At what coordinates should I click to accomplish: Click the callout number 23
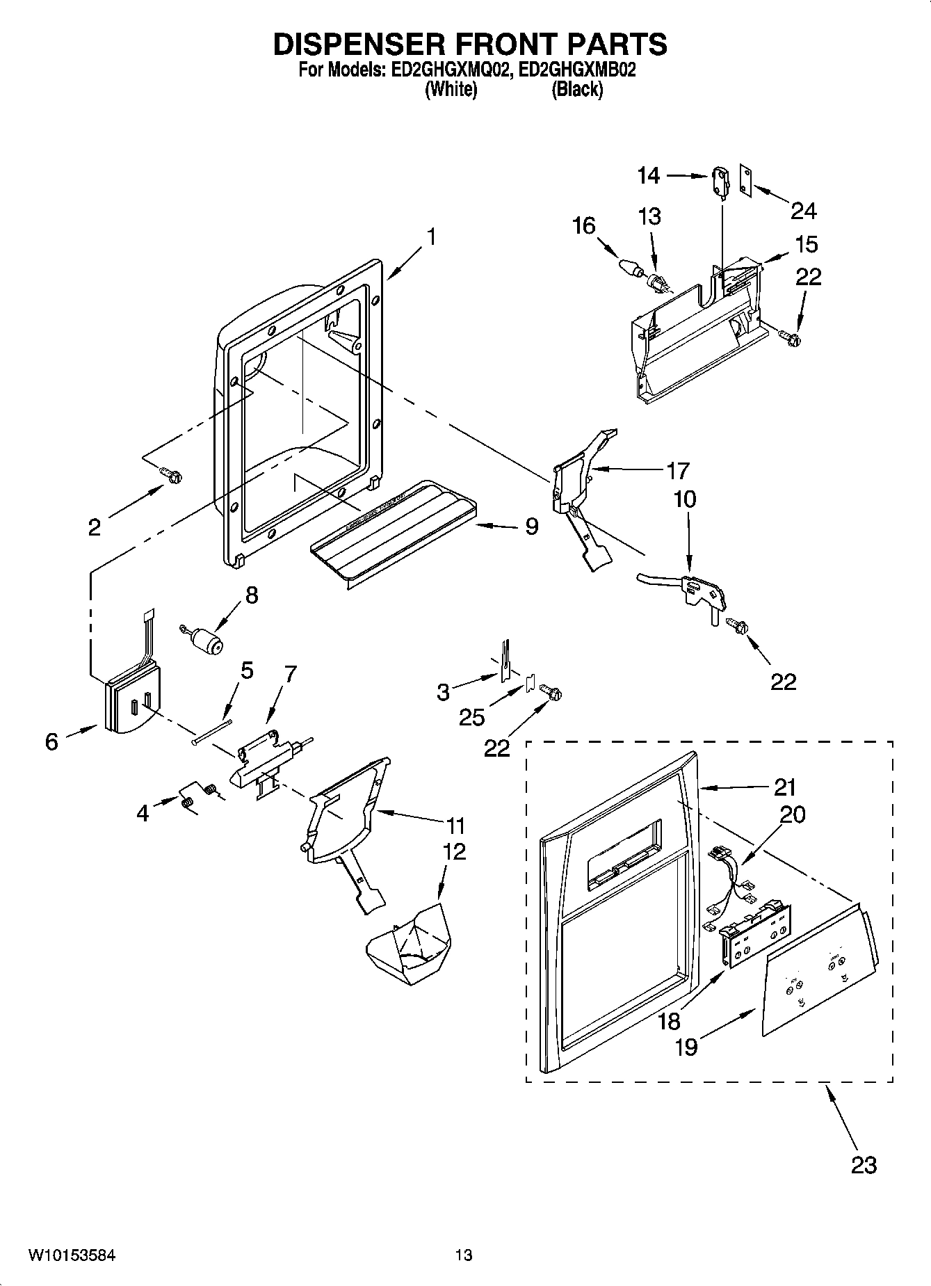[864, 1164]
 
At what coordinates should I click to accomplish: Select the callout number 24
[803, 210]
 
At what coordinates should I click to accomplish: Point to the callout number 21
[785, 787]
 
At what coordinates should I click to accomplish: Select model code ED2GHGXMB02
[577, 70]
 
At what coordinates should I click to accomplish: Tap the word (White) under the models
[451, 89]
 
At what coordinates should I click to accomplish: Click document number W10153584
[72, 1255]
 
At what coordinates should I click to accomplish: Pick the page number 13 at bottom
[464, 1255]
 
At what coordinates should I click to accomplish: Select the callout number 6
[51, 741]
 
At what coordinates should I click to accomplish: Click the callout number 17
[677, 471]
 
